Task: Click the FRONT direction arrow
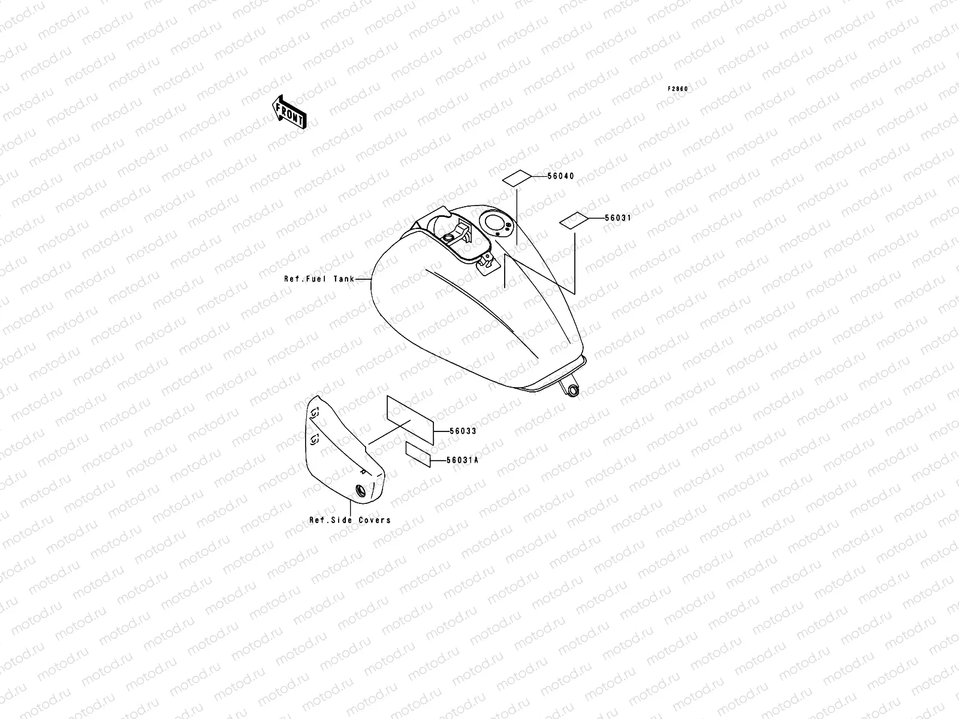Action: pyautogui.click(x=289, y=111)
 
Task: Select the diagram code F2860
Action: pyautogui.click(x=678, y=89)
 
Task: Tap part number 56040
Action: pyautogui.click(x=560, y=176)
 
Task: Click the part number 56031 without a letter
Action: pyautogui.click(x=617, y=218)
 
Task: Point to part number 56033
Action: pyautogui.click(x=463, y=431)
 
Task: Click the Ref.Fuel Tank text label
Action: pyautogui.click(x=319, y=279)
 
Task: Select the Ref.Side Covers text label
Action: pyautogui.click(x=349, y=520)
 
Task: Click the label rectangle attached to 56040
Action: pyautogui.click(x=517, y=178)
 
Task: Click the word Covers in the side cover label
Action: pyautogui.click(x=375, y=520)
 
